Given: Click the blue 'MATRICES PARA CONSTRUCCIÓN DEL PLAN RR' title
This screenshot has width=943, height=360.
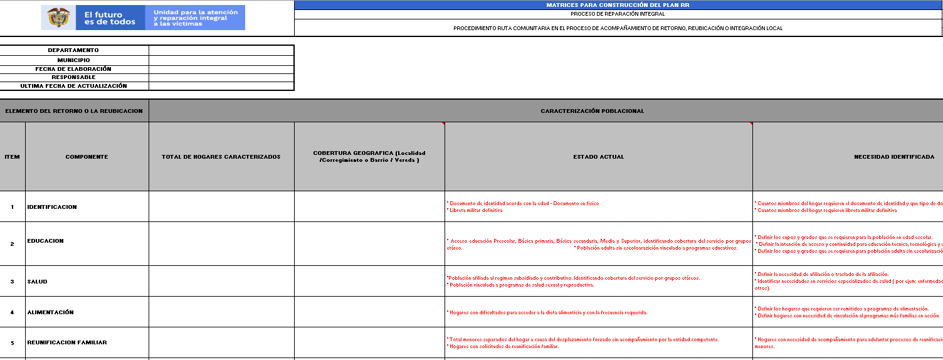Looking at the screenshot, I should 618,5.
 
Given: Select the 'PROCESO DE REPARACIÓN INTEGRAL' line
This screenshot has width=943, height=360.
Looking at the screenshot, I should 618,14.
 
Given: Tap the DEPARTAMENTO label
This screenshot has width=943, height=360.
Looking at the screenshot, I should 74,50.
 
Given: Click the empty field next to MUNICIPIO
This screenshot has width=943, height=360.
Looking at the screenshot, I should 221,60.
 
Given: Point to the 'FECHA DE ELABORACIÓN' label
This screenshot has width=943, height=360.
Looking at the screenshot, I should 74,69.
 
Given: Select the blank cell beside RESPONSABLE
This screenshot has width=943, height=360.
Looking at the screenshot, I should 221,77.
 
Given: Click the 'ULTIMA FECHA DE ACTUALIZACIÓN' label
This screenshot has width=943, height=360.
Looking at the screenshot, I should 74,86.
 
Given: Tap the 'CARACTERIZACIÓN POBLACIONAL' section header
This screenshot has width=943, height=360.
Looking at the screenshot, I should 593,111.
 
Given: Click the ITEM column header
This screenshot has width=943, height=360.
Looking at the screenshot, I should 13,157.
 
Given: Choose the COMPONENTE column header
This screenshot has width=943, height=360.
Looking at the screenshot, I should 87,157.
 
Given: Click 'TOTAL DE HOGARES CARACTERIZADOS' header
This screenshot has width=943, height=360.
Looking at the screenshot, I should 221,157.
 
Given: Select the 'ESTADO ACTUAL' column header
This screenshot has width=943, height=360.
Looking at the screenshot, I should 598,157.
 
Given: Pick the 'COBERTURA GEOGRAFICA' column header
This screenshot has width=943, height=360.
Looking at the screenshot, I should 369,157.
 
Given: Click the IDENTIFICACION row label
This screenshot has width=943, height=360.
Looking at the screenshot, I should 52,207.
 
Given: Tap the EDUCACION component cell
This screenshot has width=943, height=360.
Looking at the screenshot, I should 46,241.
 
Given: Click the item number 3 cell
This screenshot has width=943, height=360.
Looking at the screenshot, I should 13,282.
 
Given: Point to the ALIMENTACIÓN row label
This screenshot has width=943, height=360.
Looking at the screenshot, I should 51,312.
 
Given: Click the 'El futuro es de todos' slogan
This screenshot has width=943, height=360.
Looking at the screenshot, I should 110,18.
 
